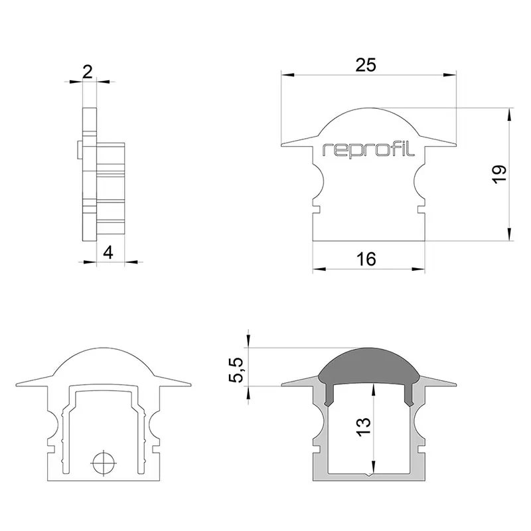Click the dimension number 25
[x=366, y=64]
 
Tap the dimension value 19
[x=499, y=175]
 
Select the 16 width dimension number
[x=366, y=259]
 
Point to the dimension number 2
[x=88, y=72]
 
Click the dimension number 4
[x=108, y=253]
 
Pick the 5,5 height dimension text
[x=236, y=370]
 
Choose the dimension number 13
[x=364, y=427]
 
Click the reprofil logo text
[x=368, y=150]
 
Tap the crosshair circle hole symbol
[x=104, y=463]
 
